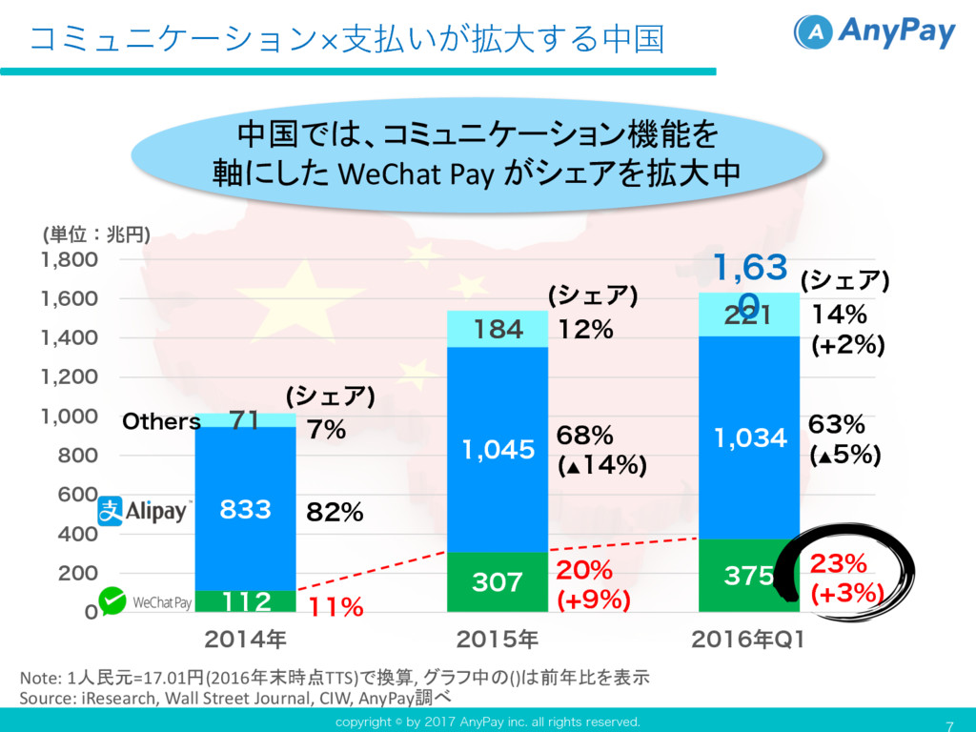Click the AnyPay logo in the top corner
pyautogui.click(x=874, y=32)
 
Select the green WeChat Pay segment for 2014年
pyautogui.click(x=245, y=601)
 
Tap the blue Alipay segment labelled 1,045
pyautogui.click(x=497, y=449)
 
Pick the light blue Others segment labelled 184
pyautogui.click(x=497, y=330)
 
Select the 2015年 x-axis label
pyautogui.click(x=497, y=637)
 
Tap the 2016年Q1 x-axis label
pyautogui.click(x=749, y=637)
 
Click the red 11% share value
pyautogui.click(x=335, y=606)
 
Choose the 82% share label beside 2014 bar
pyautogui.click(x=335, y=513)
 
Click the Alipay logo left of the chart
pyautogui.click(x=144, y=511)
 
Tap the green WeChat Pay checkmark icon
pyautogui.click(x=114, y=600)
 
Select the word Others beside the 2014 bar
pyautogui.click(x=161, y=421)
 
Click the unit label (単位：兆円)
pyautogui.click(x=96, y=234)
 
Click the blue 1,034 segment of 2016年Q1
pyautogui.click(x=749, y=438)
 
